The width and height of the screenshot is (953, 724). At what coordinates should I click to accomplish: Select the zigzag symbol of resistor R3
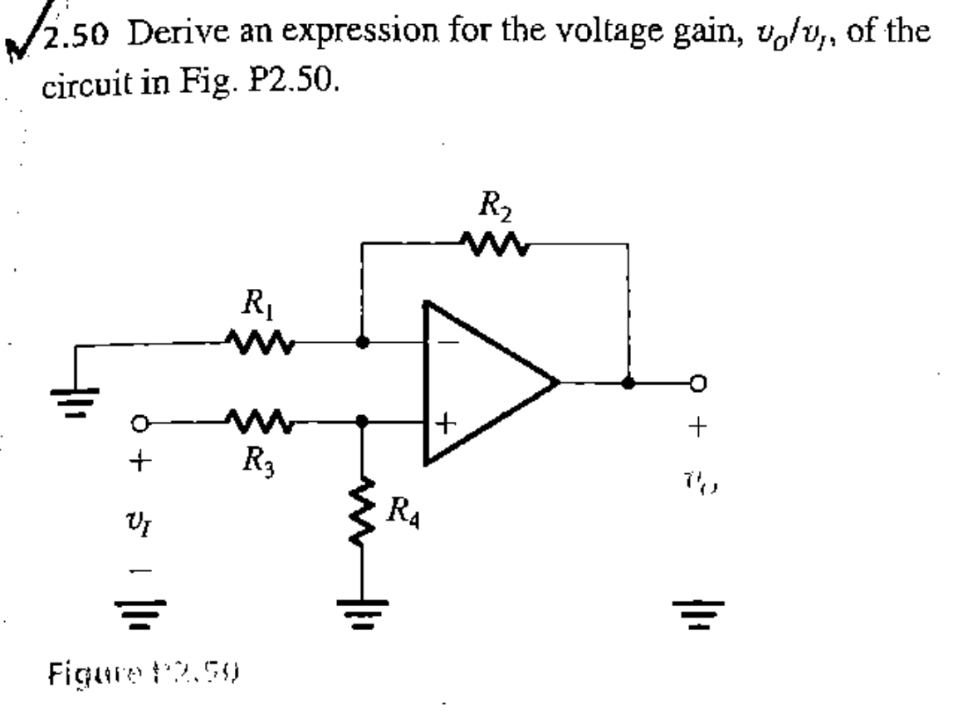coord(260,421)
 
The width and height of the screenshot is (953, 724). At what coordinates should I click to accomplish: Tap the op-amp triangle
coord(481,382)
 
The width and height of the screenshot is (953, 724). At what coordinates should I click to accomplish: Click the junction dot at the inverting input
coord(363,340)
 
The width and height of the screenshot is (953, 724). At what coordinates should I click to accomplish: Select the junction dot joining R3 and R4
coord(362,421)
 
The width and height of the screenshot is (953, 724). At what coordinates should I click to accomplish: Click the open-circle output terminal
coord(700,383)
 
